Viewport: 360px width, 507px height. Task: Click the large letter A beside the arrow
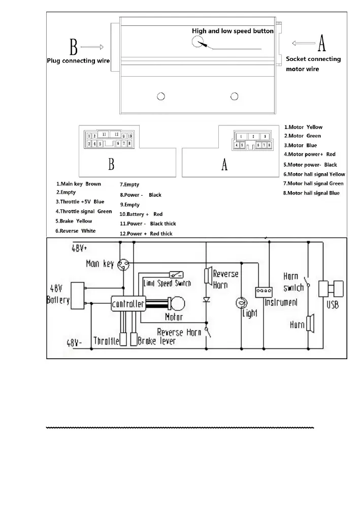(321, 44)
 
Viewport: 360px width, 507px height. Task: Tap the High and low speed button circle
(199, 42)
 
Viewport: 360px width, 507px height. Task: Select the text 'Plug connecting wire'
(79, 61)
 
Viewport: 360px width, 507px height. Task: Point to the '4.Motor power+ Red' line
(310, 154)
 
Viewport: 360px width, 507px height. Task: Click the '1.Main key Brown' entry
(78, 184)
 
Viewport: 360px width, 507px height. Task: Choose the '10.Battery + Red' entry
(141, 214)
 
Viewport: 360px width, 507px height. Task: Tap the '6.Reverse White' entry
(75, 231)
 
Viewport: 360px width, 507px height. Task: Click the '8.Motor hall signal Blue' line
(311, 193)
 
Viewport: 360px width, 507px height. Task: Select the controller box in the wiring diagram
(128, 304)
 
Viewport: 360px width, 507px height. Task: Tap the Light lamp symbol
(242, 303)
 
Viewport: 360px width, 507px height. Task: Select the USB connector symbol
(331, 290)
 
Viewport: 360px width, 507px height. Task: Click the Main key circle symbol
(122, 264)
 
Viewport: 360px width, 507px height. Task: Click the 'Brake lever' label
(156, 341)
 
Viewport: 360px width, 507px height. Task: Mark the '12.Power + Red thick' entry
(146, 234)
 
